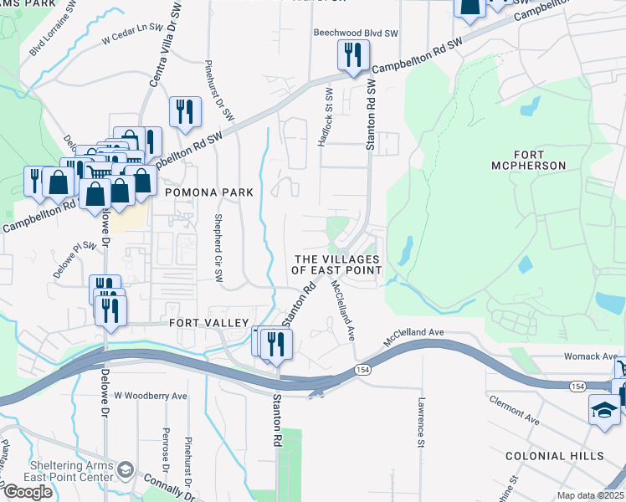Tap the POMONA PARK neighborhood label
coord(208,192)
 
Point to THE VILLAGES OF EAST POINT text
coord(336,264)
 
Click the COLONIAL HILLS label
coord(554,456)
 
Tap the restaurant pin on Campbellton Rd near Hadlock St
coord(353,55)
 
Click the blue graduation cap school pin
coord(604,411)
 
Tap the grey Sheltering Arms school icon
coord(126,466)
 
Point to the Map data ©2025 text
coord(591,495)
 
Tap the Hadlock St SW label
coord(327,118)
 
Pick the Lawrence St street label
coord(423,422)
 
